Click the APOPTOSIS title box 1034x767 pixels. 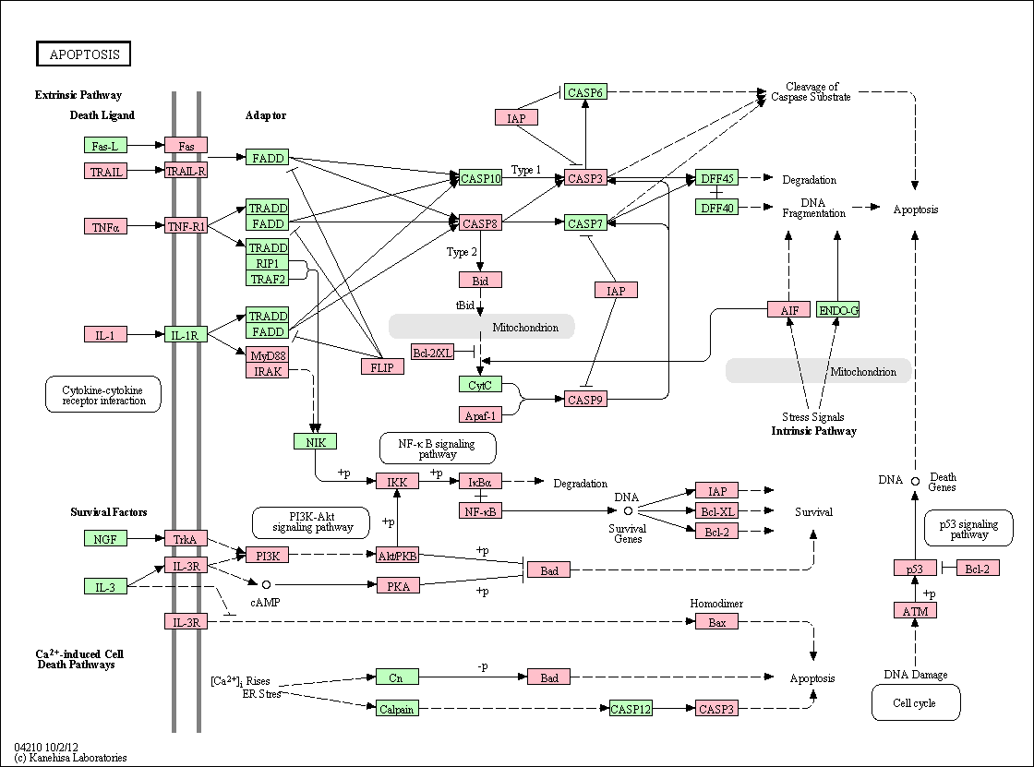[x=83, y=54]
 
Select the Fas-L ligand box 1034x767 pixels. [x=105, y=145]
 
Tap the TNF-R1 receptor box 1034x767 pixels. [x=186, y=226]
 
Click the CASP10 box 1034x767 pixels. [x=481, y=178]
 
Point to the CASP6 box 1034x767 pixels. [x=585, y=92]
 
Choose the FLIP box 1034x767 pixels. [x=382, y=366]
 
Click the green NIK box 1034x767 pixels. [x=315, y=441]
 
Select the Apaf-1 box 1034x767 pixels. [x=480, y=414]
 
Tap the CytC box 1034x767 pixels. [x=480, y=385]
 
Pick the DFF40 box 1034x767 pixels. [x=716, y=207]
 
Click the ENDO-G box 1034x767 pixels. [x=837, y=309]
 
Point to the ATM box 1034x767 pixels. [x=915, y=611]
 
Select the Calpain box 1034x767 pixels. [x=397, y=709]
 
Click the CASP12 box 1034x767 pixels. [x=631, y=709]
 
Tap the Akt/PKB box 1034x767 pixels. [x=398, y=556]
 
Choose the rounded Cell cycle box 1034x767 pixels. [x=915, y=702]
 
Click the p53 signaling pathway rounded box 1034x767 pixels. [x=968, y=528]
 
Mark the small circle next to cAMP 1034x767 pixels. [x=267, y=584]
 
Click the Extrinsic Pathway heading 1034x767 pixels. [x=78, y=95]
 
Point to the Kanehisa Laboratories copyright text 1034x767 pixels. [x=70, y=758]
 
